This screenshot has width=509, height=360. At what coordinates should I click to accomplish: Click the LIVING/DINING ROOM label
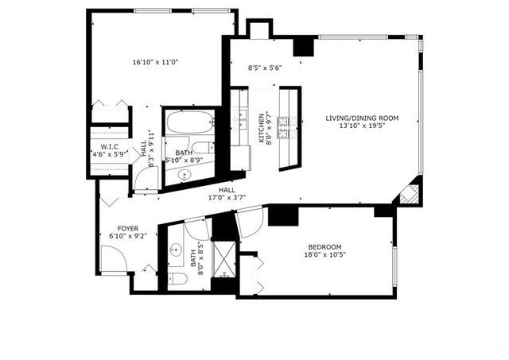coord(362,118)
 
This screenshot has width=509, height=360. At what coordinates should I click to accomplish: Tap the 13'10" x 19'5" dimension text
coord(362,126)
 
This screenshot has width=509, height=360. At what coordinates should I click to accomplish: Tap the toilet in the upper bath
coord(205,148)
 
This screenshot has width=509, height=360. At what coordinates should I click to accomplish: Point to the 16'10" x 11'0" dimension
coord(154,62)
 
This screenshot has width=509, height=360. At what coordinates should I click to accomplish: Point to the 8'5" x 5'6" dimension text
coord(266,68)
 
